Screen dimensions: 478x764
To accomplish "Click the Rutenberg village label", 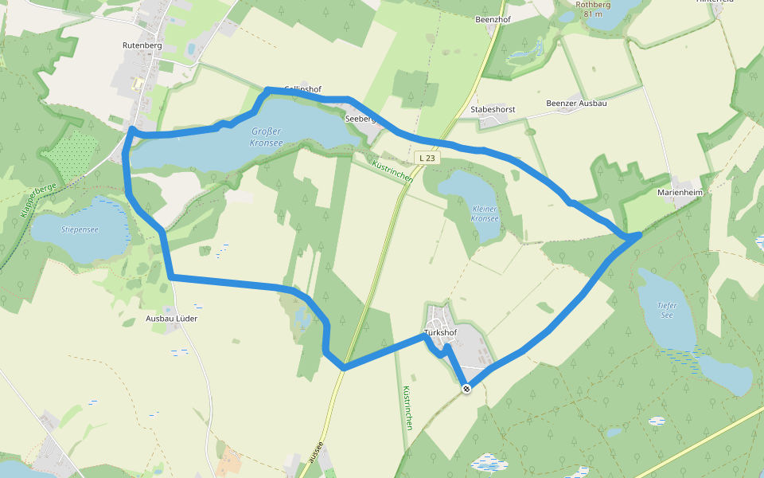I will click(x=143, y=46).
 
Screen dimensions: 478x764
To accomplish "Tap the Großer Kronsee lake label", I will click(x=267, y=137).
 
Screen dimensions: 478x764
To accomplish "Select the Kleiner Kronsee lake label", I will click(x=484, y=213).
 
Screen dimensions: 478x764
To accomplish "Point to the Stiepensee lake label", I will click(x=80, y=229).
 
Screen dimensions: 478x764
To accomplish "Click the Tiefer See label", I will click(x=667, y=309).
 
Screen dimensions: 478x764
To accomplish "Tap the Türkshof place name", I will click(x=441, y=332).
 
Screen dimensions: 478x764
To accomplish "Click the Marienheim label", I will click(x=680, y=193).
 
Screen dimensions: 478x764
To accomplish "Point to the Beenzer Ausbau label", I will click(x=577, y=104).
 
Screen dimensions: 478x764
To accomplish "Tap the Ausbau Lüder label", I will click(x=171, y=319).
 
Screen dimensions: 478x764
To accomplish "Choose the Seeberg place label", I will click(x=360, y=119).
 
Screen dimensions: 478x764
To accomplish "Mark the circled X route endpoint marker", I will click(x=466, y=389).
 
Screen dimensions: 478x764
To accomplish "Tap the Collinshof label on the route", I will click(x=303, y=89).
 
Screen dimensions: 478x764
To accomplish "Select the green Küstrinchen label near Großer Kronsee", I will click(x=392, y=170).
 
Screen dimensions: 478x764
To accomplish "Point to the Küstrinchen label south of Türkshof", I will click(x=406, y=408).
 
